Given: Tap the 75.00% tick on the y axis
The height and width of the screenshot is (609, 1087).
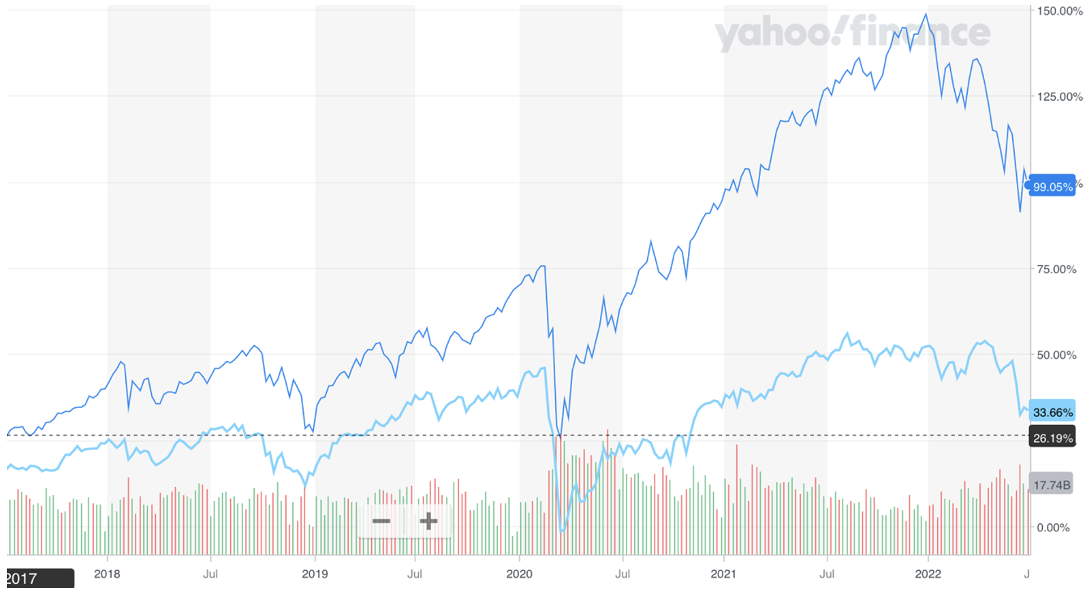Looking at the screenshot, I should coord(1056,270).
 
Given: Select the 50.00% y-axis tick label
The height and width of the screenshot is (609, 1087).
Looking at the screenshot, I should coord(1056,356).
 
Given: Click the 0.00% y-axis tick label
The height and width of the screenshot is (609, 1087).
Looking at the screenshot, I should coord(1053,528).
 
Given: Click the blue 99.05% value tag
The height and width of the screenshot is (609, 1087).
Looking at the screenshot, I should coord(1052,187).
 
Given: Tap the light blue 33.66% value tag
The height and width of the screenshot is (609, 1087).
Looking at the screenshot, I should coord(1052,412).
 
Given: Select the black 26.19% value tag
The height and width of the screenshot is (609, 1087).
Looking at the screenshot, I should coord(1052,438).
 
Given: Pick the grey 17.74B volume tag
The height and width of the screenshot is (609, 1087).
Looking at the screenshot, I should coord(1052,485).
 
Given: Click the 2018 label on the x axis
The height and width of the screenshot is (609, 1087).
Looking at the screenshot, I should coord(107,574).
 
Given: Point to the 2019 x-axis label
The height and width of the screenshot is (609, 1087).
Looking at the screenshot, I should coord(315,574).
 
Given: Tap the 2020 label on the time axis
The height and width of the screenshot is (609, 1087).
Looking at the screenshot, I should coord(519,574).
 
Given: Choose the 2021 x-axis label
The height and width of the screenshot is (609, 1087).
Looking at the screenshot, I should coord(723,574).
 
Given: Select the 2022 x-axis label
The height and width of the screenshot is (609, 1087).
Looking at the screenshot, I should coord(928,574).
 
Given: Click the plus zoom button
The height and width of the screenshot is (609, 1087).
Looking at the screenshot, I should coord(428,522).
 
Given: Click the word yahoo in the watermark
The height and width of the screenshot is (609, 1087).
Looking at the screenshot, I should coord(774,34).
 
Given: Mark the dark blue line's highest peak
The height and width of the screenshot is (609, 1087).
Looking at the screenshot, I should coord(926,14).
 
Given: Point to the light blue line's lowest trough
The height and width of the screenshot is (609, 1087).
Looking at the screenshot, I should coord(562,530).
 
